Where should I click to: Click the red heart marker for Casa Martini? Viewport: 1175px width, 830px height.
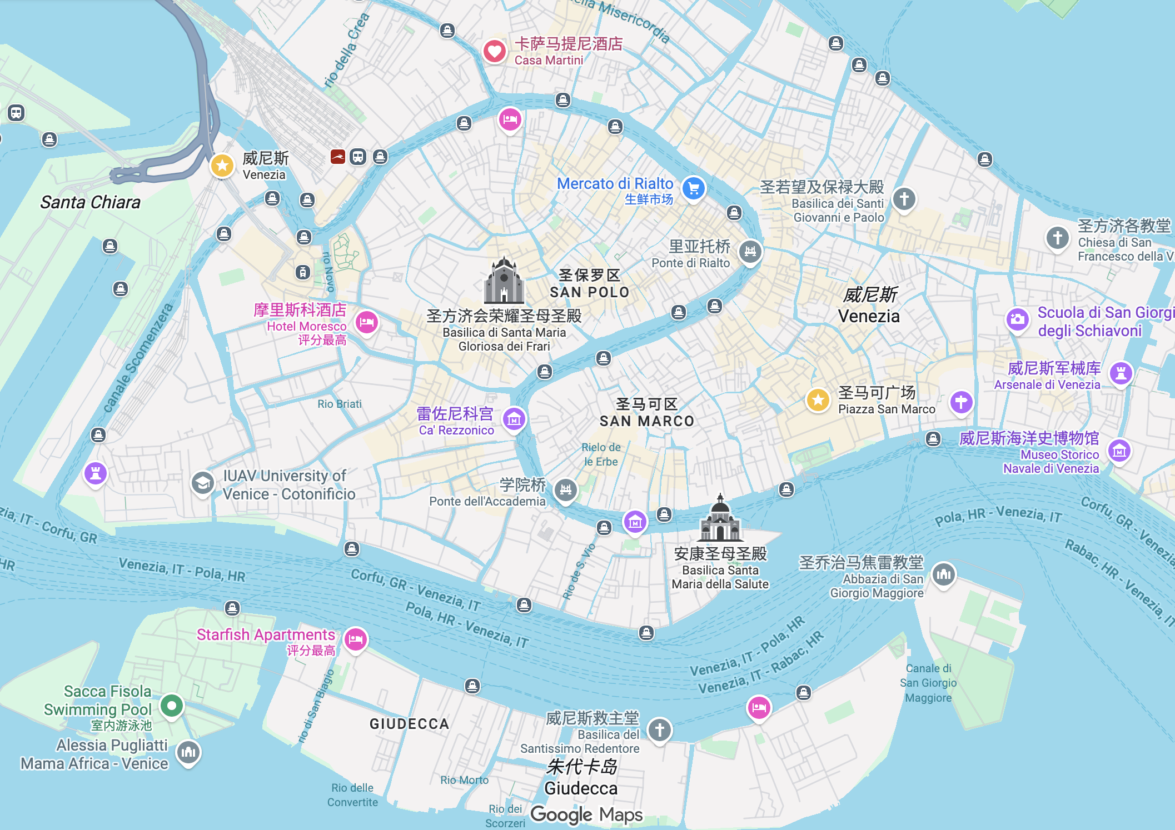pyautogui.click(x=494, y=52)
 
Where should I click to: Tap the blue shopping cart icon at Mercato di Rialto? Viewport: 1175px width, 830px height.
pyautogui.click(x=694, y=188)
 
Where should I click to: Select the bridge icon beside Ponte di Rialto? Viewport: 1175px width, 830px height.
pyautogui.click(x=750, y=251)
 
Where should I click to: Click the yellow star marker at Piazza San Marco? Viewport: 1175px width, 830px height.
pyautogui.click(x=818, y=399)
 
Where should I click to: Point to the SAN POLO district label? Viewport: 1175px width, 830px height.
pyautogui.click(x=589, y=292)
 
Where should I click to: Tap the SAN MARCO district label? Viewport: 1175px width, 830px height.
pyautogui.click(x=647, y=421)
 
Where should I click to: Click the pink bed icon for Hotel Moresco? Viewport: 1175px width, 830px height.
pyautogui.click(x=367, y=322)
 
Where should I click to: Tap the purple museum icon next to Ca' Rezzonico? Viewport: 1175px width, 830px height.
pyautogui.click(x=514, y=419)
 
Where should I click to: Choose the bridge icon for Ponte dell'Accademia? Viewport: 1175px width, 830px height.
pyautogui.click(x=566, y=489)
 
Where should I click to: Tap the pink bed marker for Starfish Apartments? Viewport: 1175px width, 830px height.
pyautogui.click(x=356, y=639)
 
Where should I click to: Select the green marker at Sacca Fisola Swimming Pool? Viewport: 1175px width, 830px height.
pyautogui.click(x=172, y=706)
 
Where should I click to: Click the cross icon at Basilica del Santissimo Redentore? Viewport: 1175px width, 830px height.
pyautogui.click(x=660, y=729)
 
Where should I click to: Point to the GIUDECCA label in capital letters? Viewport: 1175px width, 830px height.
pyautogui.click(x=409, y=724)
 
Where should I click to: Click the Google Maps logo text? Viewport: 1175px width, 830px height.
pyautogui.click(x=586, y=814)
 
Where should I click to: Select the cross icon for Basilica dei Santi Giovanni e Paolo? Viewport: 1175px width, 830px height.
pyautogui.click(x=904, y=198)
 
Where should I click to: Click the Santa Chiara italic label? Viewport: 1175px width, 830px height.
pyautogui.click(x=90, y=202)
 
